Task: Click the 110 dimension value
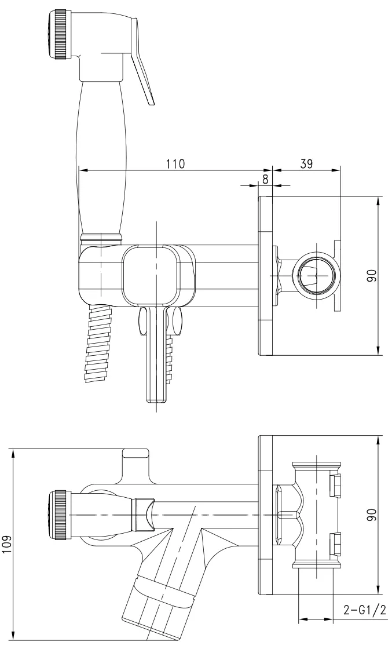(x=176, y=164)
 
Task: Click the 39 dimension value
(x=306, y=164)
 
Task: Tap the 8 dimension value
(x=265, y=180)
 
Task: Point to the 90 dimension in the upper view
(x=373, y=276)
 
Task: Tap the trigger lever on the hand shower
(x=142, y=60)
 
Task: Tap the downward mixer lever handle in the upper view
(x=157, y=355)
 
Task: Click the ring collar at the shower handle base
(x=101, y=237)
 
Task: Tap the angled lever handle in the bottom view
(x=159, y=596)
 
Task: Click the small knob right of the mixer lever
(x=177, y=321)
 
